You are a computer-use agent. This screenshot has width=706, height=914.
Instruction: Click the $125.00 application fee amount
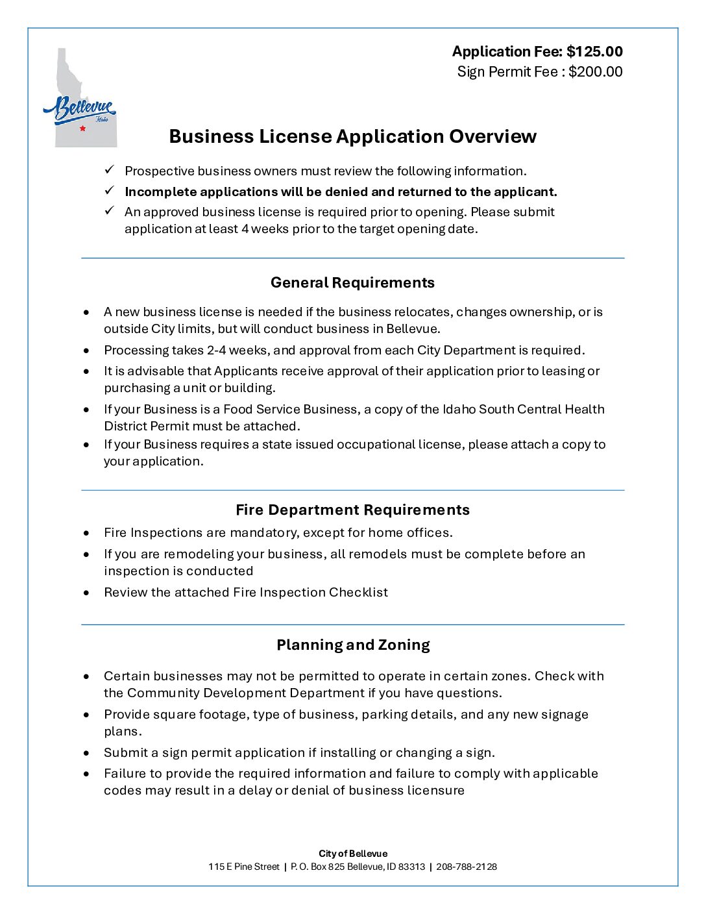coord(594,51)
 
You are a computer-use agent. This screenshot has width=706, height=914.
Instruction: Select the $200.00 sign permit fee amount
coord(595,71)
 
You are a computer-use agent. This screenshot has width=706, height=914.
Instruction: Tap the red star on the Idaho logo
coord(82,129)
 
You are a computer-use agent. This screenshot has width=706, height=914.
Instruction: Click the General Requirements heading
coord(352,282)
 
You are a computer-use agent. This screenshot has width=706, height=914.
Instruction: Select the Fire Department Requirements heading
coord(352,510)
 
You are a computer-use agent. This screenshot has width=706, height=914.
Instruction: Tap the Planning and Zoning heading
coord(353,645)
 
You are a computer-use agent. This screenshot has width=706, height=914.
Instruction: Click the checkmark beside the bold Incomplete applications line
coord(110,191)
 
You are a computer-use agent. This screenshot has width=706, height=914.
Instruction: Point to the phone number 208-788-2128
coord(467,867)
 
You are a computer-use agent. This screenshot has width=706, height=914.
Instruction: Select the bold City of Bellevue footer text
coord(352,854)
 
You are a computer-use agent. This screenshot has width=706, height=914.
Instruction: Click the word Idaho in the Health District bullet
coord(459,409)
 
